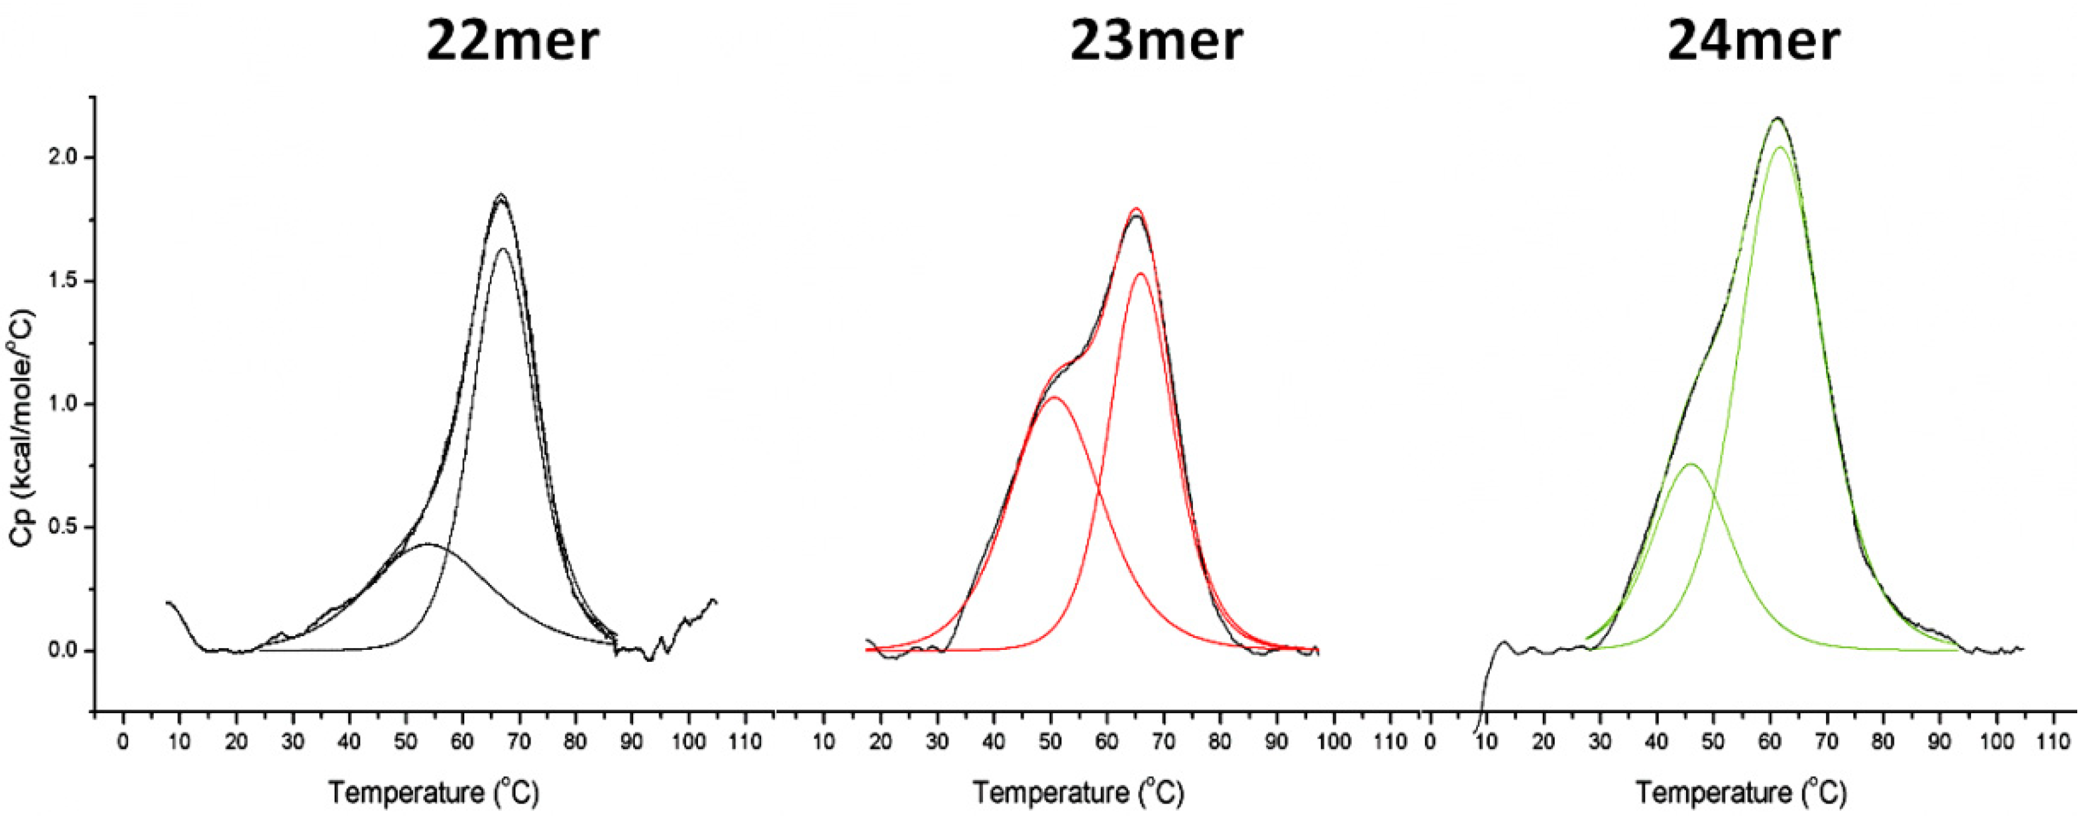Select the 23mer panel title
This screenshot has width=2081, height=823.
point(1156,42)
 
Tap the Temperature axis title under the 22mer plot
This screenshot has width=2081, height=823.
point(433,793)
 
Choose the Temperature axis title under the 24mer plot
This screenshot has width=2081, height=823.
point(1741,793)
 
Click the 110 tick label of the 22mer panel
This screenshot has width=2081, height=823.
point(745,741)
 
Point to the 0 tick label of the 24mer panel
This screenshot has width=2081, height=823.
point(1430,741)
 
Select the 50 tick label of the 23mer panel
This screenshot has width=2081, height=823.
point(1050,741)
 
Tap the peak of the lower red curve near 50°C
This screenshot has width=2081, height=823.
point(1052,397)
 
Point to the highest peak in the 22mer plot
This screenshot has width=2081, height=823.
point(501,194)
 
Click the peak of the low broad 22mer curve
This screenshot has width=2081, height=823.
point(428,544)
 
